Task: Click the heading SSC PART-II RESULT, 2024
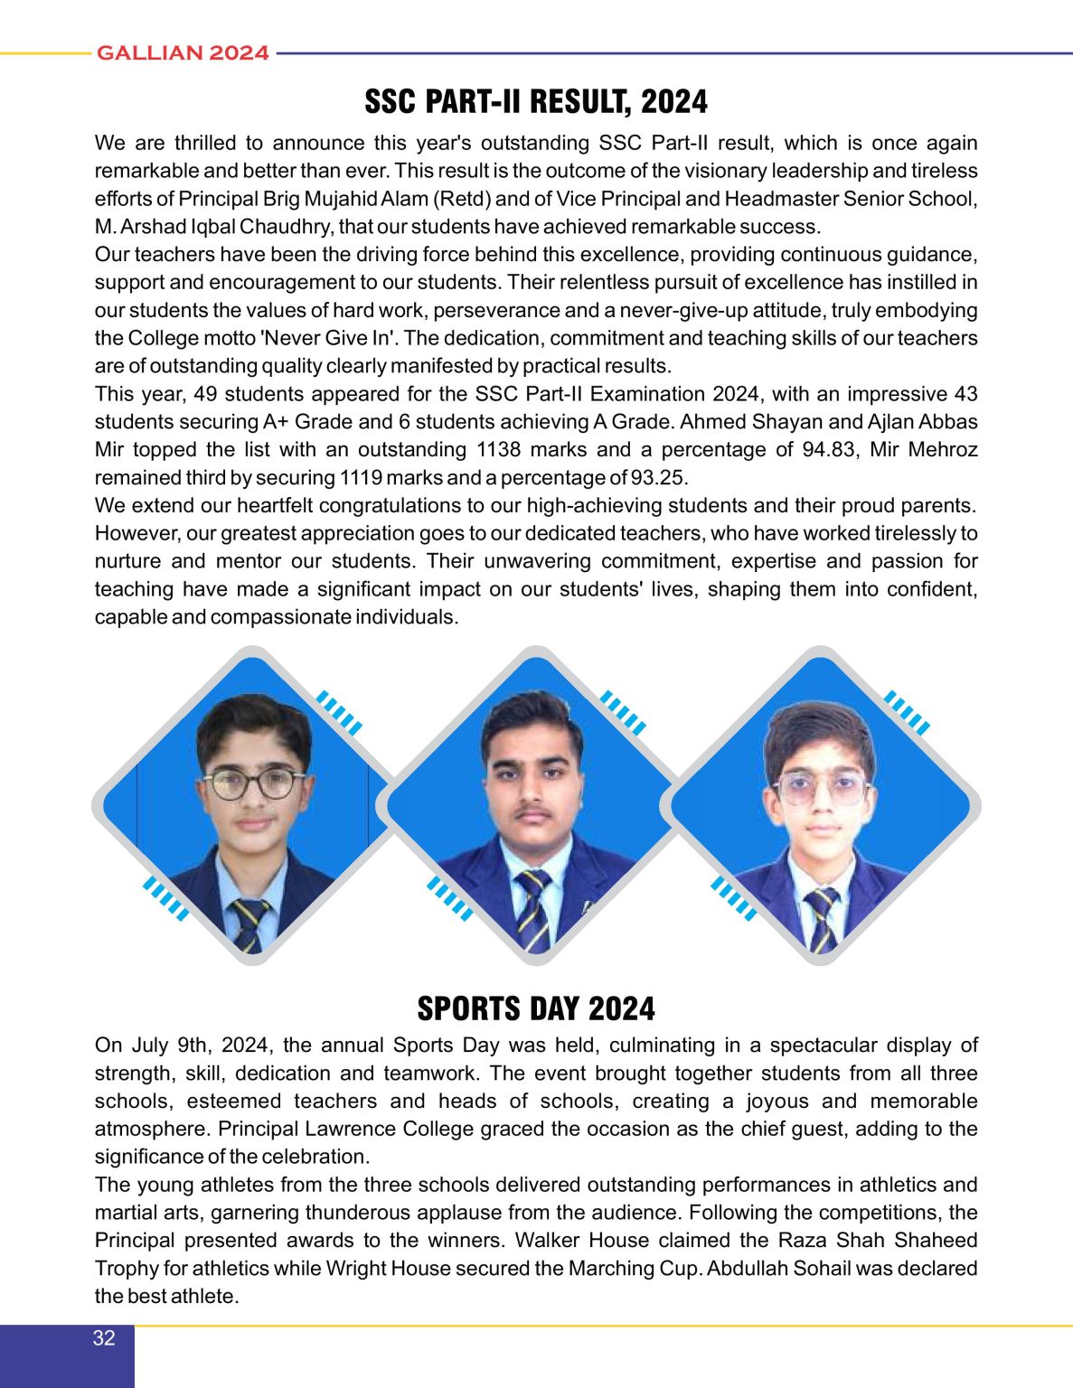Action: [536, 101]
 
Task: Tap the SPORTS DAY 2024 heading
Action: [536, 1008]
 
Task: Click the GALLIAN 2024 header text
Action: [183, 53]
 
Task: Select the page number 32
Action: [104, 1338]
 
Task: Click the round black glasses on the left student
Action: [254, 783]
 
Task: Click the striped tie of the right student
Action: [823, 917]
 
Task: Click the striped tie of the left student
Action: [249, 924]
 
